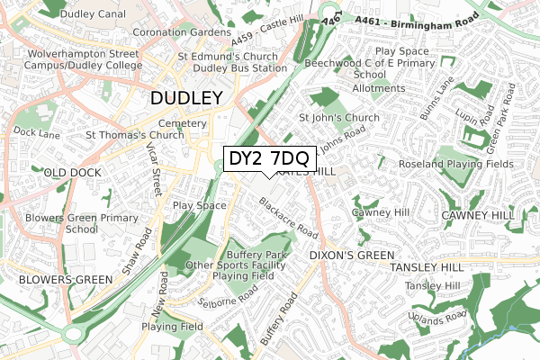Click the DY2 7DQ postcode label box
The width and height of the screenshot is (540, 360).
269,158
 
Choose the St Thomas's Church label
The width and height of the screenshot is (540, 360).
134,135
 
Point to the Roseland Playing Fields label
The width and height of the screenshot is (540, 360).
456,165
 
